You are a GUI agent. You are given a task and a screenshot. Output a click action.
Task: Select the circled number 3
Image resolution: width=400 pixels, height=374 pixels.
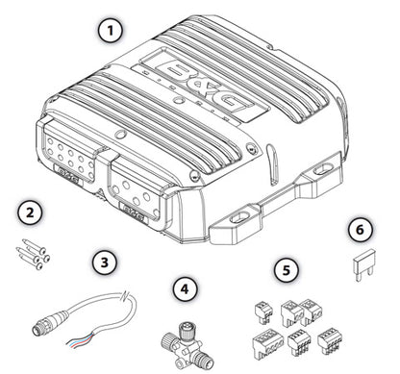coord(105,262)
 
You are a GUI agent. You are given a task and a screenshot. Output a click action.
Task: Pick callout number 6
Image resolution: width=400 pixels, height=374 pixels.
coord(356,229)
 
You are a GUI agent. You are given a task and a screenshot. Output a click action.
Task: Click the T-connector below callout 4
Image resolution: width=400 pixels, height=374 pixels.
coord(188,337)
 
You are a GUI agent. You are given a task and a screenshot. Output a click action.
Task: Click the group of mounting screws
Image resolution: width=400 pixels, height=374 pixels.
coord(31,248)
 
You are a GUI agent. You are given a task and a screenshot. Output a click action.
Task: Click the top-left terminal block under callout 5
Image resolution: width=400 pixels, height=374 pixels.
coord(262,308)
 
